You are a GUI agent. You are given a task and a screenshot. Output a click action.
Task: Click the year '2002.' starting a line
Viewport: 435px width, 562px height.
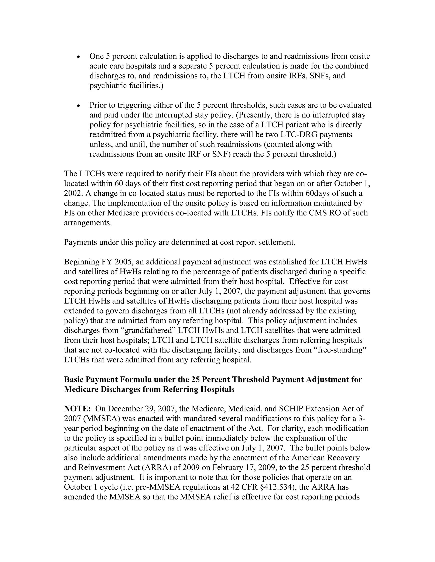coord(73,193)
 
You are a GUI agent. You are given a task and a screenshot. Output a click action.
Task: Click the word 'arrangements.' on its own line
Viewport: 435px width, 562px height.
coord(88,223)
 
